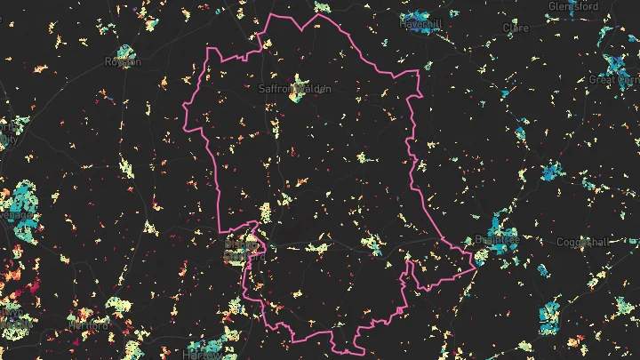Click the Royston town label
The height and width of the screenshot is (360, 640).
(124, 61)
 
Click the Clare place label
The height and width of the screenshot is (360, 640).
(516, 28)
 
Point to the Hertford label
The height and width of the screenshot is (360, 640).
(87, 326)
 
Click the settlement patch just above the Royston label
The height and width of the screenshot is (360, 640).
(124, 52)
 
